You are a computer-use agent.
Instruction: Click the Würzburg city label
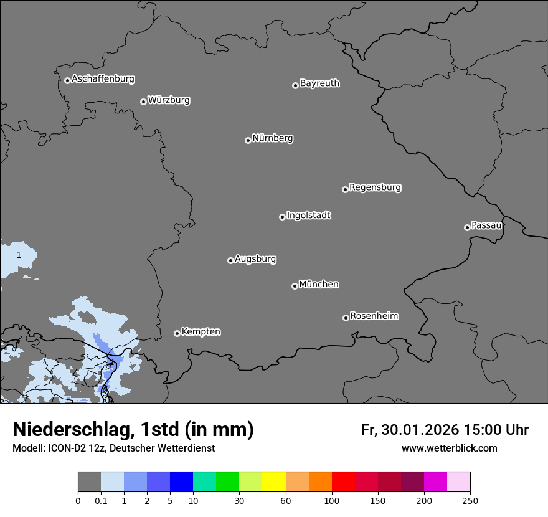tap(169, 100)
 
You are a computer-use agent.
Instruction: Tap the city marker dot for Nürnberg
tap(248, 140)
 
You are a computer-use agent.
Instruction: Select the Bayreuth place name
tap(319, 83)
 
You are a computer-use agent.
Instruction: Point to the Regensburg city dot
tap(345, 189)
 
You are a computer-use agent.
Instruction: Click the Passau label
tap(486, 225)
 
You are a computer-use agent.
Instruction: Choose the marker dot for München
tap(295, 287)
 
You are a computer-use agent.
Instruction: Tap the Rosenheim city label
tap(374, 316)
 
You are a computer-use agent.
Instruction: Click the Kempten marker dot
tap(177, 333)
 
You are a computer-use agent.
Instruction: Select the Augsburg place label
tap(255, 259)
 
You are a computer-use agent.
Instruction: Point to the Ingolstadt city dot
tap(282, 217)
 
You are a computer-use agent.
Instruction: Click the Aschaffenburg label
tap(103, 79)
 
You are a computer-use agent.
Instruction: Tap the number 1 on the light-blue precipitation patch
tap(19, 255)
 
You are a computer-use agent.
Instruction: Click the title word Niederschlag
tap(73, 430)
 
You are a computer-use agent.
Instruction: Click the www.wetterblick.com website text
tap(449, 448)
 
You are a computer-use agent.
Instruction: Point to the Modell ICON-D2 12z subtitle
tap(113, 448)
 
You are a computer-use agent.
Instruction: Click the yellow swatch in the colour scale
tap(274, 482)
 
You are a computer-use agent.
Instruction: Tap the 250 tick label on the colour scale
tap(470, 500)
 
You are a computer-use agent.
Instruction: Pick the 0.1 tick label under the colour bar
tap(100, 500)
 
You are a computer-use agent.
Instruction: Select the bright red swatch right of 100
tap(343, 482)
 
